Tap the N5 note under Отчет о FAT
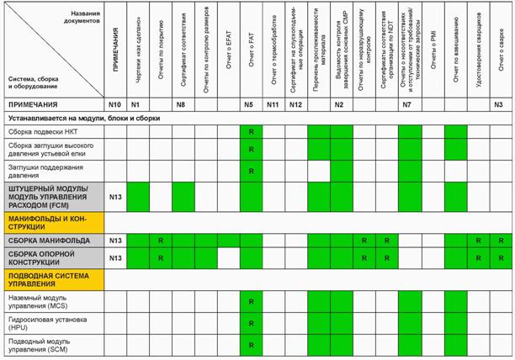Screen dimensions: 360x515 coord(250,104)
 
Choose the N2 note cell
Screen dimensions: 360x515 coord(340,104)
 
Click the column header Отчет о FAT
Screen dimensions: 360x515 coord(250,50)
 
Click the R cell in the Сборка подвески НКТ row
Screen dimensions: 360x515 coord(250,132)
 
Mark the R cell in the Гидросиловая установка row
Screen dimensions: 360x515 coord(250,323)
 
